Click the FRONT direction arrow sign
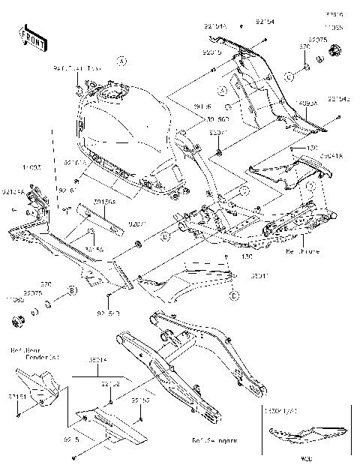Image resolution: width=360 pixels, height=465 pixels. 32,40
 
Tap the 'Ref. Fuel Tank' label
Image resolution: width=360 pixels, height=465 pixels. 76,68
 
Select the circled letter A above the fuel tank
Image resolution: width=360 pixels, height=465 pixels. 122,61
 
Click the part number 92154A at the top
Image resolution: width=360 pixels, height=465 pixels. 215,25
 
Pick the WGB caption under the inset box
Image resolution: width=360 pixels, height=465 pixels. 305,455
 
